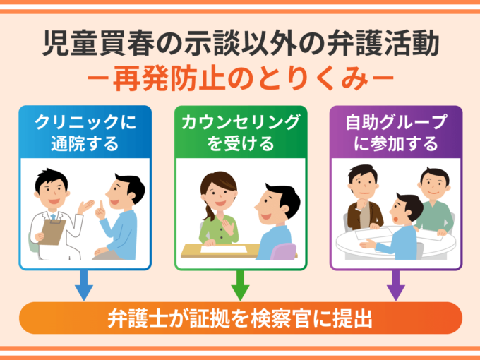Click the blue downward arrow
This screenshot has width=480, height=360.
pyautogui.click(x=83, y=286)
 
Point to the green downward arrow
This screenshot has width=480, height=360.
pyautogui.click(x=240, y=286)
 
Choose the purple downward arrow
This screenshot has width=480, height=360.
pyautogui.click(x=396, y=286)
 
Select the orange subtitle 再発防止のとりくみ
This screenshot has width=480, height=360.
pyautogui.click(x=240, y=79)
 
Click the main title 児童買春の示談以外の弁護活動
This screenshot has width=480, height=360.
pyautogui.click(x=240, y=44)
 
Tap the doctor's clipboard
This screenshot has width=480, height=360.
pyautogui.click(x=52, y=230)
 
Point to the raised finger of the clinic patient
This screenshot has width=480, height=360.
pyautogui.click(x=98, y=206)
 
